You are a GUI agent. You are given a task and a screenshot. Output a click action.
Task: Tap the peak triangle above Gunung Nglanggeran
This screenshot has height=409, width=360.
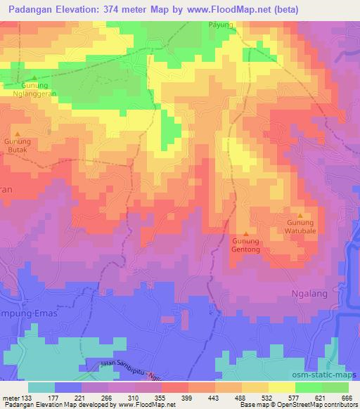click(33, 78)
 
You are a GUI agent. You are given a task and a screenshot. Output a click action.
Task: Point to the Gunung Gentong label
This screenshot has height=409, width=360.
click(246, 245)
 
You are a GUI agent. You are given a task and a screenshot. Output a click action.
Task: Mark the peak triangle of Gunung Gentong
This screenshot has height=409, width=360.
click(245, 234)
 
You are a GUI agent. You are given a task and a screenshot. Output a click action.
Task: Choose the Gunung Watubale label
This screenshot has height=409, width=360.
click(300, 227)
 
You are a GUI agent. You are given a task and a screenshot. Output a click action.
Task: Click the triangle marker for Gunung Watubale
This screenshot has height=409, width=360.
click(300, 216)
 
